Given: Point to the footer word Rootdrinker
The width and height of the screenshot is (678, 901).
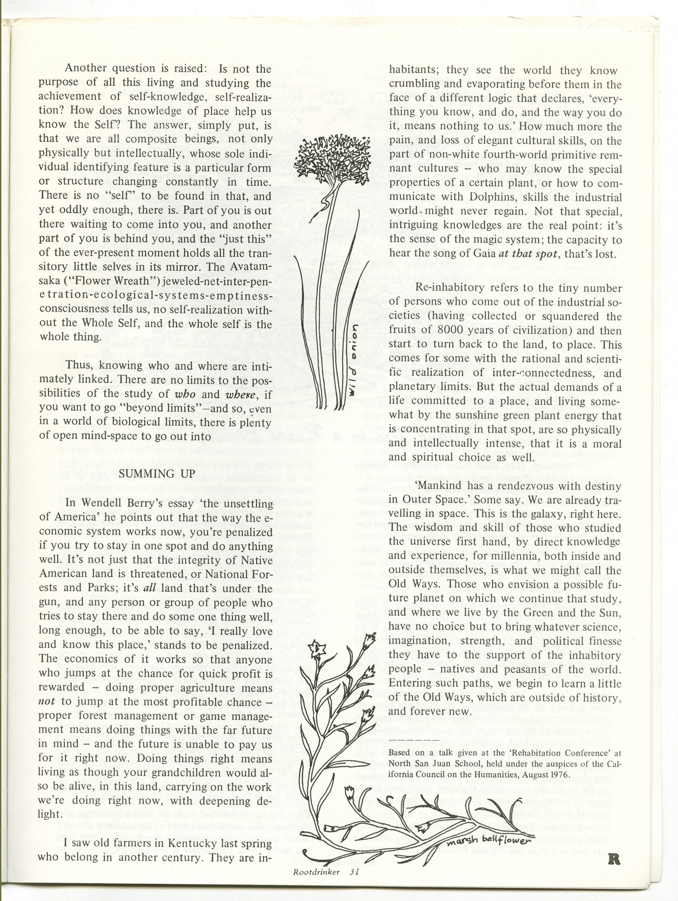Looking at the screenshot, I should [316, 887].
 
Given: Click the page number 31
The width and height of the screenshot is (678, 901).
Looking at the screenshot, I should [355, 887].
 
